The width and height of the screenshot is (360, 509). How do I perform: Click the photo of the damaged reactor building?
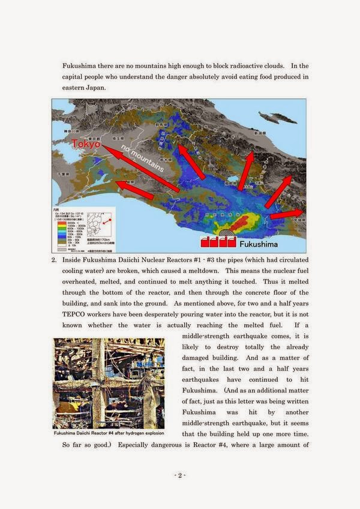pos(109,383)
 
